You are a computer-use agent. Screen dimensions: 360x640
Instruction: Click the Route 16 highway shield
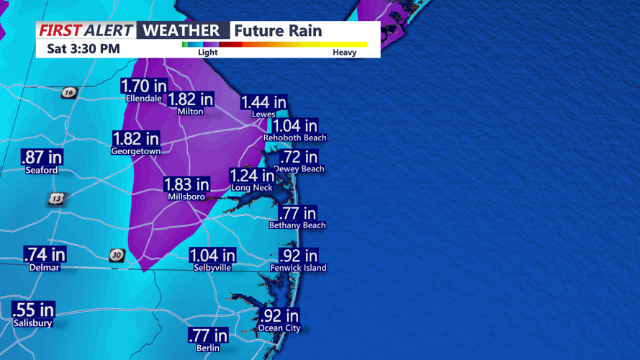68,92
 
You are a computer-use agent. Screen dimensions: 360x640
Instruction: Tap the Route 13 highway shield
57,198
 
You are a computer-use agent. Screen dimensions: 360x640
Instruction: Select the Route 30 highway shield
117,255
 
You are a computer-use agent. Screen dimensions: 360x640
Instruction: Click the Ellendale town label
143,99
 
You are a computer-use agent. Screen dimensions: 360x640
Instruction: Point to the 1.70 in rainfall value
143,86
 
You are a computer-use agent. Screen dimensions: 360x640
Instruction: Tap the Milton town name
190,112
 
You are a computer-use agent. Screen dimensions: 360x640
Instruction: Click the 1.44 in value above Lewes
263,102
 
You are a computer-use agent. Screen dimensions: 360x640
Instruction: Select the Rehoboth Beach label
294,138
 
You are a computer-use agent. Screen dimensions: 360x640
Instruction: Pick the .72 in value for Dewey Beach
298,156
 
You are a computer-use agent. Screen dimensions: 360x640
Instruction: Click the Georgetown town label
136,152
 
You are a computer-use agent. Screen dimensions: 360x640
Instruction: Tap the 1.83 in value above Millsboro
186,184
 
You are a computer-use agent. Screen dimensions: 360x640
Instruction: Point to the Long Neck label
252,188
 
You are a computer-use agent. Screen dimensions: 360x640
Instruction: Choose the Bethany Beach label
297,225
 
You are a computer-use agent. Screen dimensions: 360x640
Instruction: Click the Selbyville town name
212,267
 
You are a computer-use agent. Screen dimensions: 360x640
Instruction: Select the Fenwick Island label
298,268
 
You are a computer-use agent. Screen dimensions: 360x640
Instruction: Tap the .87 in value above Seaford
42,157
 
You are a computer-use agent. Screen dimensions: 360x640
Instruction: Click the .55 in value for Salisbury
33,310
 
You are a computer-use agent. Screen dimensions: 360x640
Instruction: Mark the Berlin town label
208,348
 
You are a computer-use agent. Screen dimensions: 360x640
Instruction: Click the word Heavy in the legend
344,53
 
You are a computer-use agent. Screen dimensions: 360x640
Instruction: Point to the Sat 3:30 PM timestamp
83,49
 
